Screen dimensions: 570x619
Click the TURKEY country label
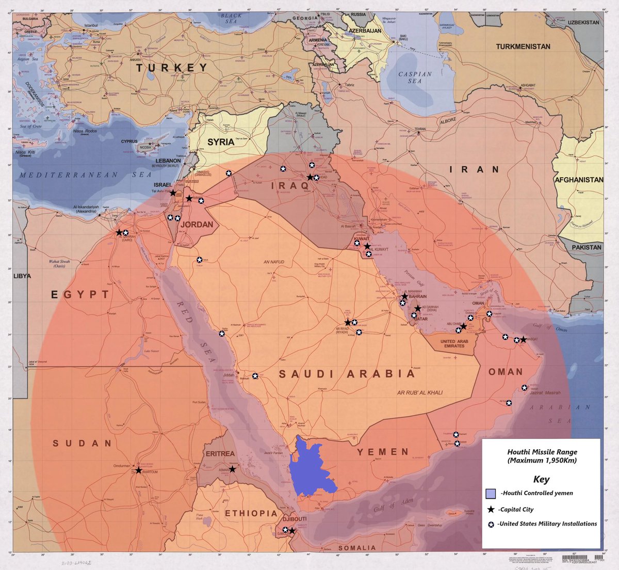point(172,68)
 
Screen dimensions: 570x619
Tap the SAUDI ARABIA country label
point(347,374)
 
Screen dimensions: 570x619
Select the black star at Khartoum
point(138,470)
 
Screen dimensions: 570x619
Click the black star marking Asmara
point(233,469)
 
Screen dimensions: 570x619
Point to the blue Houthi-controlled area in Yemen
point(309,467)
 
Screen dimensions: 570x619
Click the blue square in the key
point(491,493)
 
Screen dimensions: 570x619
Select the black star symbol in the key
point(491,509)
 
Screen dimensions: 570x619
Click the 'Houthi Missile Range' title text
point(542,452)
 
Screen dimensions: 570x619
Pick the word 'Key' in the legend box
point(541,479)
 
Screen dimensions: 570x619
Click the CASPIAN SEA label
point(415,77)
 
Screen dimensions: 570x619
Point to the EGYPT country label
point(80,295)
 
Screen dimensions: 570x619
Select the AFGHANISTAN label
point(578,180)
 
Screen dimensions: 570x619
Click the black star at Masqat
point(523,339)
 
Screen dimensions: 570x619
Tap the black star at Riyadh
point(348,322)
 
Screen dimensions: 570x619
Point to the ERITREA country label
point(220,454)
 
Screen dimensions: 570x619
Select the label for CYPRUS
point(129,141)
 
